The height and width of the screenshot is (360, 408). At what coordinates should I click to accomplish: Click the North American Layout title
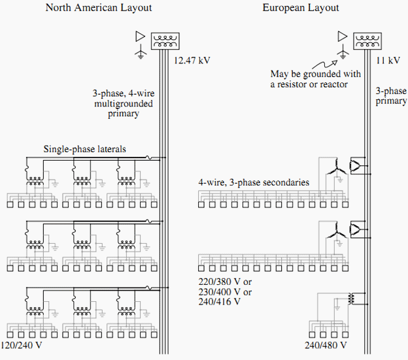(x=99, y=8)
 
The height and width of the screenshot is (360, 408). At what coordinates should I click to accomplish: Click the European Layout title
(x=301, y=8)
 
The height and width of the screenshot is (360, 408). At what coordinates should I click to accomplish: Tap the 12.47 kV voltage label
(x=192, y=60)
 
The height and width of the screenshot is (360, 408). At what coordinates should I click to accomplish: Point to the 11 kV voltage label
(x=388, y=60)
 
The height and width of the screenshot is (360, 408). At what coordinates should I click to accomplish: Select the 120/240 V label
(x=21, y=345)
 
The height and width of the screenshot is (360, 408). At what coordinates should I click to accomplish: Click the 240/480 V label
(x=326, y=345)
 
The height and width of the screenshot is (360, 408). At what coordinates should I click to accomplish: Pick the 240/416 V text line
(x=219, y=302)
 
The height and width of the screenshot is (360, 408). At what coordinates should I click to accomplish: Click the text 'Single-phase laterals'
(x=84, y=149)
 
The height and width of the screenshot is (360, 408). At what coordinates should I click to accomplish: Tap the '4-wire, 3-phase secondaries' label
(x=254, y=182)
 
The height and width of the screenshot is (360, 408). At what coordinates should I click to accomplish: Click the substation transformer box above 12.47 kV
(x=165, y=41)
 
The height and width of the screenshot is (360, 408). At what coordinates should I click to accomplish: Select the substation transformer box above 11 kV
(x=367, y=41)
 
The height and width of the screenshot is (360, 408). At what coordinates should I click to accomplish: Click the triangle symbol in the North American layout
(x=140, y=37)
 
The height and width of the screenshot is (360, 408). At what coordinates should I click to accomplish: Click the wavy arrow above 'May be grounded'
(x=325, y=64)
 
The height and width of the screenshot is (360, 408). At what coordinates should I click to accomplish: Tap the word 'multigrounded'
(x=124, y=104)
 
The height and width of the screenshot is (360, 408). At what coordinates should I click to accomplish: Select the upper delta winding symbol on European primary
(x=355, y=165)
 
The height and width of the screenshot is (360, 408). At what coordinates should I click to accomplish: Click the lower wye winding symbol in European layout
(x=337, y=231)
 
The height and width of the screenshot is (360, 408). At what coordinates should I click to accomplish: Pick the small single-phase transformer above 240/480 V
(x=351, y=299)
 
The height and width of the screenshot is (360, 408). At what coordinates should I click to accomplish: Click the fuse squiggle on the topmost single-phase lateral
(x=148, y=157)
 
